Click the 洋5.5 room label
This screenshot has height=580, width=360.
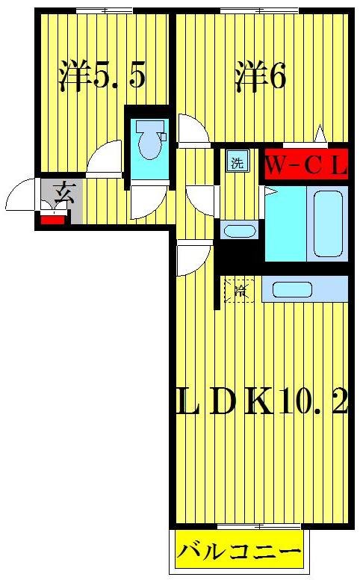click(102, 75)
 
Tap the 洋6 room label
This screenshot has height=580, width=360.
click(261, 75)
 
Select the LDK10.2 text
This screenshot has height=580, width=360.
click(261, 406)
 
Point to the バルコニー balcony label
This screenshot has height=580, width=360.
click(240, 554)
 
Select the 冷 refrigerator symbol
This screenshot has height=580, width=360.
click(240, 290)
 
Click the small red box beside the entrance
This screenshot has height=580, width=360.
click(52, 219)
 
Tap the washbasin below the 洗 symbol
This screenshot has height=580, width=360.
click(240, 231)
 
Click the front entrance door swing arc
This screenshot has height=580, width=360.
click(19, 197)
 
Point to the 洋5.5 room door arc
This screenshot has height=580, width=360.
click(103, 158)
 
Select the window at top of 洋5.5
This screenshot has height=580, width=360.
click(101, 10)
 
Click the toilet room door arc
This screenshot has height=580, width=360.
click(147, 201)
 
